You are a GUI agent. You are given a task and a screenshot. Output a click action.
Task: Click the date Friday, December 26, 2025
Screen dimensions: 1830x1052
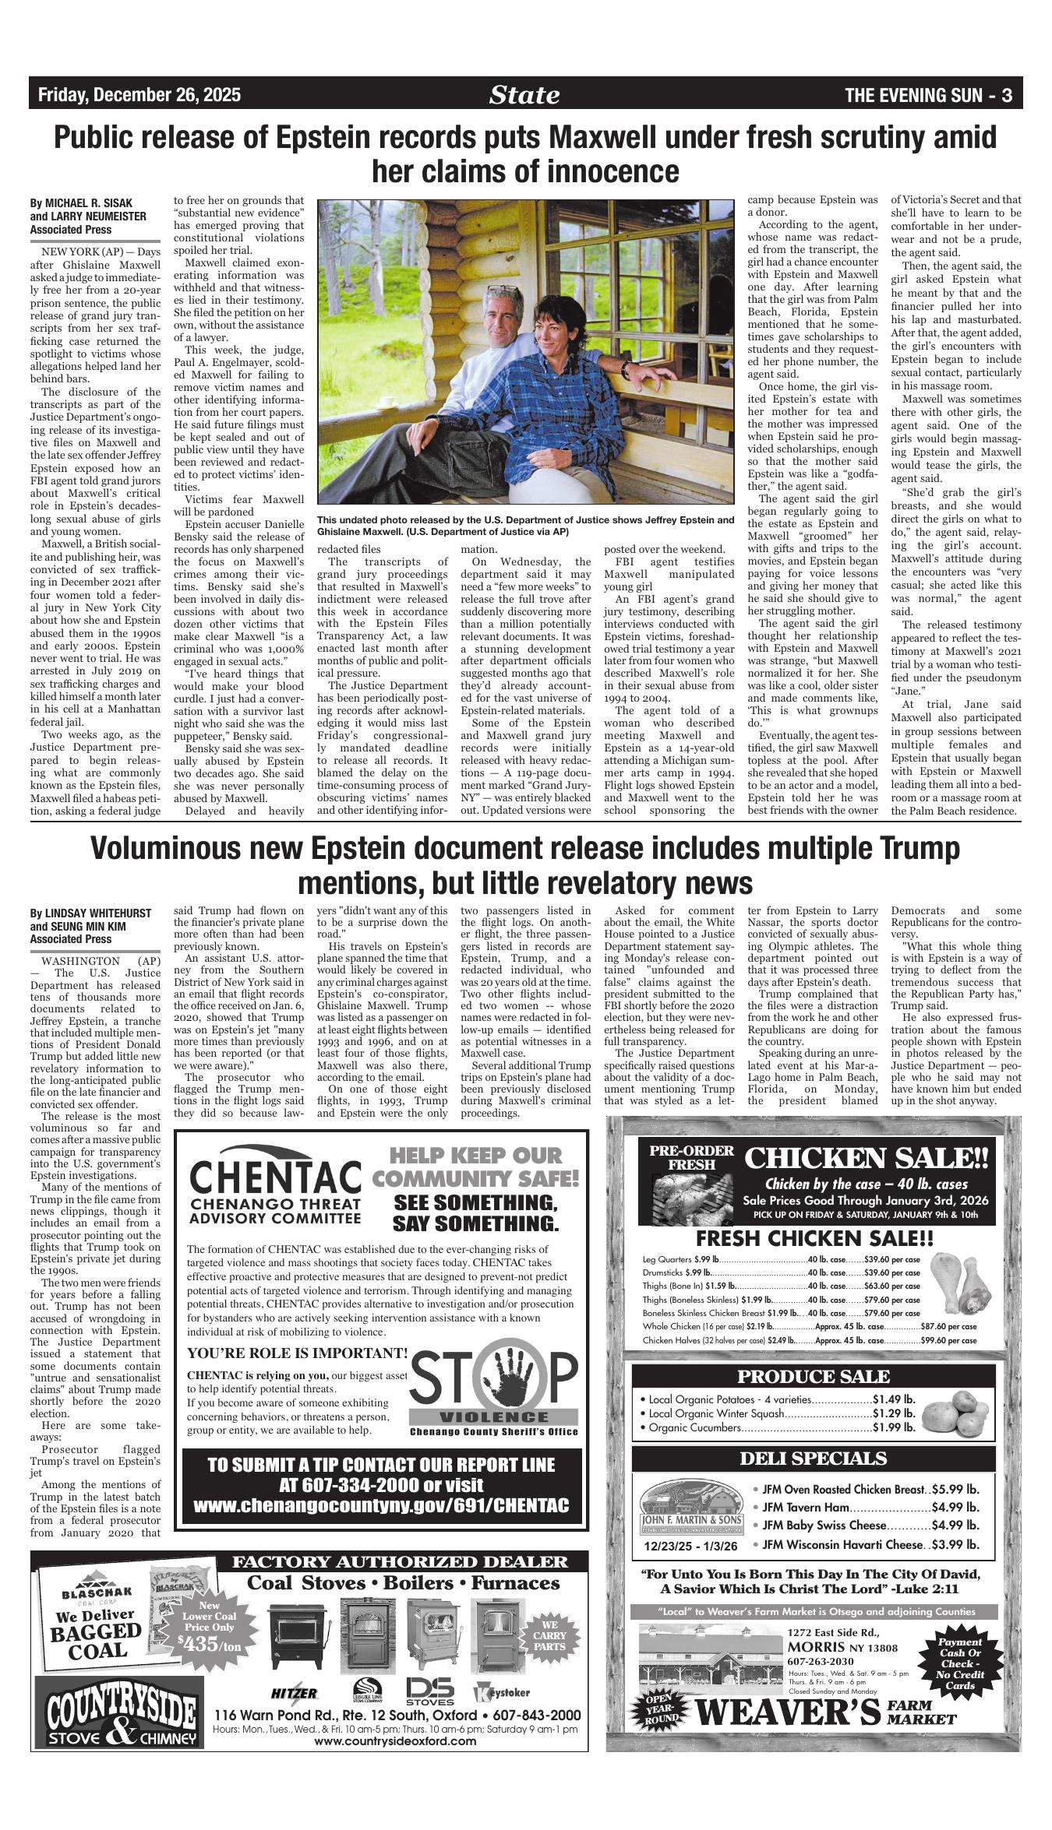pyautogui.click(x=139, y=96)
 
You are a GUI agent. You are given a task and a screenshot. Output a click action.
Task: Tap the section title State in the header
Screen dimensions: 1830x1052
pyautogui.click(x=524, y=95)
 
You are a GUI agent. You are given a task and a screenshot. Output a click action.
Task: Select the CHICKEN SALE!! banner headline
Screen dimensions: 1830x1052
pyautogui.click(x=866, y=1158)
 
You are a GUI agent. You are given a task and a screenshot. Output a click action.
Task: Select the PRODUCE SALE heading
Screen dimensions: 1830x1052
pyautogui.click(x=813, y=1376)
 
